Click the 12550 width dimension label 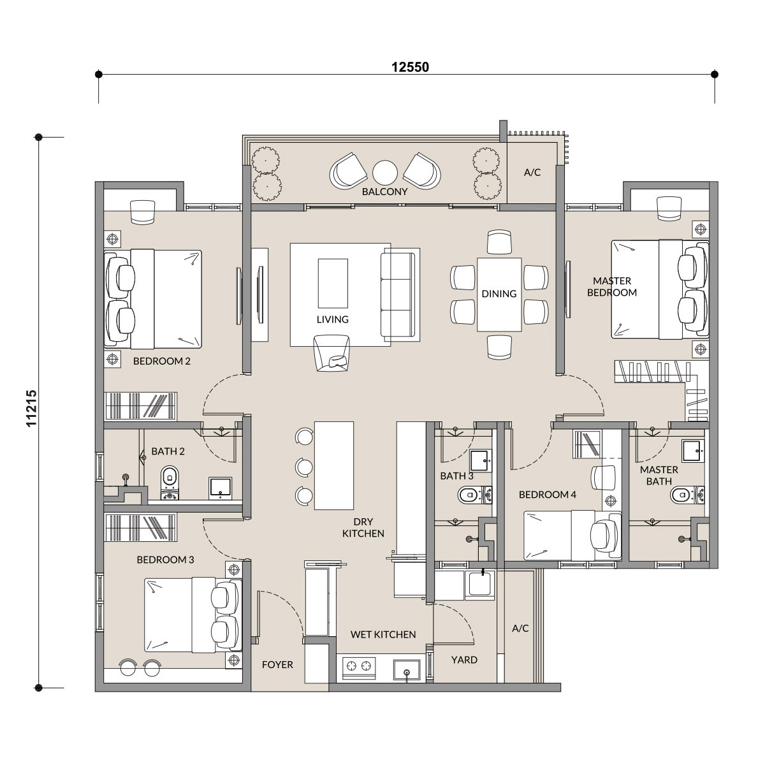point(410,67)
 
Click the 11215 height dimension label point(31,408)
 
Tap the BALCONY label point(384,192)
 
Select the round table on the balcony point(384,173)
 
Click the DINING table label point(499,294)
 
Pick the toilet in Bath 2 point(170,483)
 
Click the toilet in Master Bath point(687,495)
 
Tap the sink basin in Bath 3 point(481,460)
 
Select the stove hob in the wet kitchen point(358,666)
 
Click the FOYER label point(277,664)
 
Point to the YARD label point(464,660)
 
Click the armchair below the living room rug point(332,353)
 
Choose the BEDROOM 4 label point(548,495)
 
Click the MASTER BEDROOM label point(612,287)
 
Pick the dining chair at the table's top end point(499,242)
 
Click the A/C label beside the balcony point(532,172)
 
